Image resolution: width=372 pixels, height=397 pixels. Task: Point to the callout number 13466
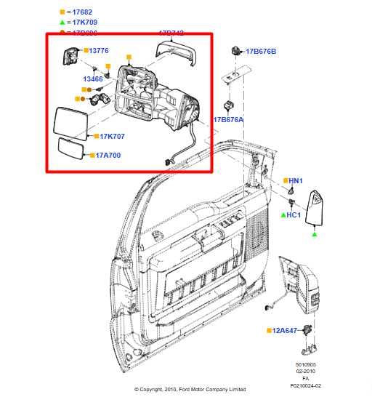tap(92, 79)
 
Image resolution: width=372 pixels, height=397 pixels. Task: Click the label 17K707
tap(112, 136)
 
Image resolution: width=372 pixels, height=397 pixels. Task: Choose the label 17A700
tap(108, 155)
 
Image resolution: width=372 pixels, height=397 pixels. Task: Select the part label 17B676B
tap(261, 52)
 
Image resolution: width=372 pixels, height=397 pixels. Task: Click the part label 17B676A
tap(228, 119)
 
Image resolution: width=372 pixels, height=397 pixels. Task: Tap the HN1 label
tap(296, 180)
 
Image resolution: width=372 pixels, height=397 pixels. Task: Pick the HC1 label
tap(294, 215)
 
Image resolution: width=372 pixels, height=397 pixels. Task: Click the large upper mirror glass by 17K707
tap(70, 121)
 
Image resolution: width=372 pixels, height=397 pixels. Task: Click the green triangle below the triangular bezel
tap(315, 235)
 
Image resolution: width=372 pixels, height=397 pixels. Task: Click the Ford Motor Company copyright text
tap(190, 390)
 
